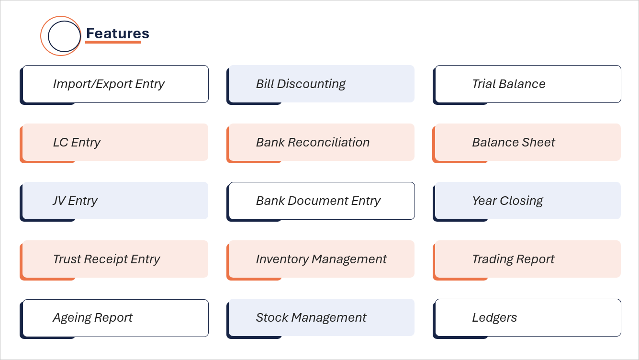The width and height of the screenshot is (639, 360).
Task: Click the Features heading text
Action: coord(118,34)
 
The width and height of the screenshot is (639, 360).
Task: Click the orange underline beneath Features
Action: coord(113,42)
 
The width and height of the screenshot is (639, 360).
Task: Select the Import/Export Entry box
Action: coord(115,84)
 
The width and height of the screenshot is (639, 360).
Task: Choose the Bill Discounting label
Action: coord(301,84)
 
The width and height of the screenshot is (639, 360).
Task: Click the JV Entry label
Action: coord(75,201)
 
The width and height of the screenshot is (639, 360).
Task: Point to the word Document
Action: coord(318,201)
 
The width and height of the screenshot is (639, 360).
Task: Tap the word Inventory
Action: coord(282,259)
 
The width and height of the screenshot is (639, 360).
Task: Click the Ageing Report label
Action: coord(93,318)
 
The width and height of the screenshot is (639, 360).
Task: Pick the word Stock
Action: coord(272,318)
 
